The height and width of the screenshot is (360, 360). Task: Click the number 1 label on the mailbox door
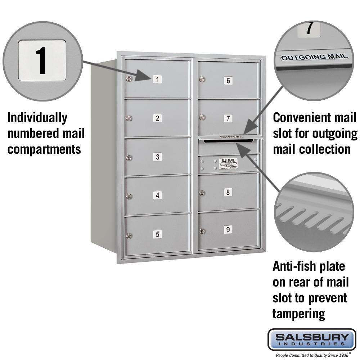coord(157,80)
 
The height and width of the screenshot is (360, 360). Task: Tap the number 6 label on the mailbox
coord(228,80)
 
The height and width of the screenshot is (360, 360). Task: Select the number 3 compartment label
coord(157,157)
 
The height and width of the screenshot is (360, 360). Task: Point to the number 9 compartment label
coord(228,229)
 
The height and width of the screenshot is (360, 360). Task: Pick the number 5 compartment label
coord(157,234)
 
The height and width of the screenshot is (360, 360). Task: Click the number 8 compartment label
coord(228,192)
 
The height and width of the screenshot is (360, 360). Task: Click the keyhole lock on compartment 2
coord(129,118)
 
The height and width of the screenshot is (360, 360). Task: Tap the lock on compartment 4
coord(129,196)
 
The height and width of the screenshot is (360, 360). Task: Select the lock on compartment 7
coord(202,117)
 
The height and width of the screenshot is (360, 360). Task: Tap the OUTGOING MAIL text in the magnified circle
coord(314,57)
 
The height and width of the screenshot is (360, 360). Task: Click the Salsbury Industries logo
coord(312,339)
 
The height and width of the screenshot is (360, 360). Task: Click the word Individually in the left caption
coord(37,118)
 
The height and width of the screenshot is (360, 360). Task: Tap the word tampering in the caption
coord(299,314)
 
